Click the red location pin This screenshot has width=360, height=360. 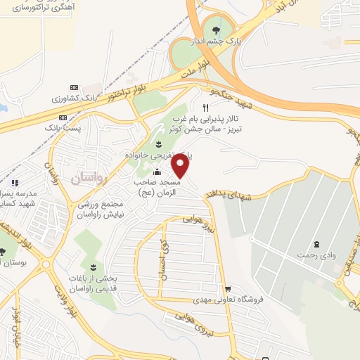click(x=181, y=166)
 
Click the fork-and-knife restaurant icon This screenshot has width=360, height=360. click(x=205, y=108)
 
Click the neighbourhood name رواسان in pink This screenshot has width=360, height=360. click(x=88, y=178)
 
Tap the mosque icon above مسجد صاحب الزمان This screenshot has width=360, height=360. click(x=156, y=173)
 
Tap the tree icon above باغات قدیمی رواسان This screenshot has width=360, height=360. click(x=94, y=266)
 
